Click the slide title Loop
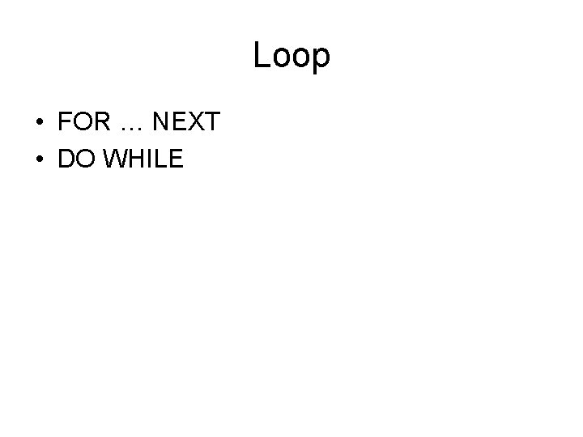[291, 56]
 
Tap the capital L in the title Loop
[262, 56]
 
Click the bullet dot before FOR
[39, 123]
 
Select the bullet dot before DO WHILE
[39, 160]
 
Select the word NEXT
[186, 122]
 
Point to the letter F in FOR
[65, 122]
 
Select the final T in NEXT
[211, 122]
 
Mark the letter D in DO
[66, 159]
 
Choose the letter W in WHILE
[114, 159]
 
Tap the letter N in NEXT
[161, 122]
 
